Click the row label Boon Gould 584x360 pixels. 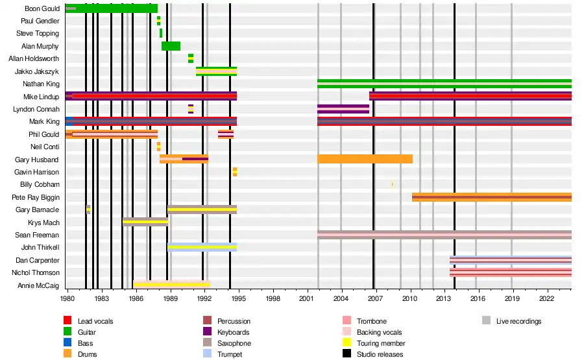(42, 8)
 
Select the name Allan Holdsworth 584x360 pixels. (34, 58)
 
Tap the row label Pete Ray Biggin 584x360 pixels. (36, 197)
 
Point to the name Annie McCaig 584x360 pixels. (38, 285)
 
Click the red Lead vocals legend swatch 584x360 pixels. (67, 321)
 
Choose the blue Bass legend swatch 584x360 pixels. (67, 343)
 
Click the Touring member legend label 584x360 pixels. (381, 343)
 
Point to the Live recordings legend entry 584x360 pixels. (518, 321)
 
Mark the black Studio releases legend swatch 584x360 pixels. (345, 354)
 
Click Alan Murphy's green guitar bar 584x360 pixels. (171, 46)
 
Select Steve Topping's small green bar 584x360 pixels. (161, 33)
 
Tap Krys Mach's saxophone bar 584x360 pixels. (145, 222)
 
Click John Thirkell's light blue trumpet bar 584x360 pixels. (202, 247)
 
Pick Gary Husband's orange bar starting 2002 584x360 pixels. (365, 159)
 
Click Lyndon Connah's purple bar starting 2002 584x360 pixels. (343, 109)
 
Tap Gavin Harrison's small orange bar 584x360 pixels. (235, 172)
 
